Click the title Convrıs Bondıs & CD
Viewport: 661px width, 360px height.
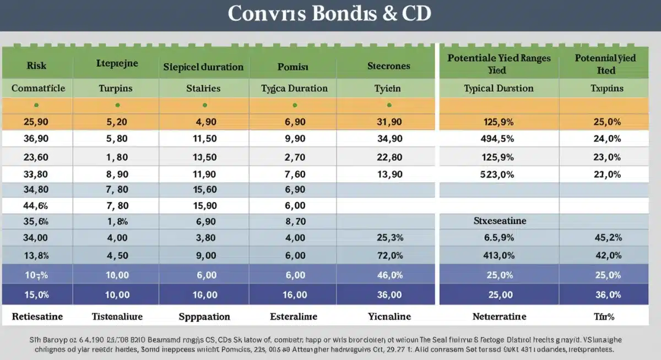(329, 14)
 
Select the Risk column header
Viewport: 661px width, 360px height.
(36, 66)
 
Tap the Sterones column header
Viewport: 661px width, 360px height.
(389, 66)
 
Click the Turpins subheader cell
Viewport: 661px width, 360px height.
(116, 88)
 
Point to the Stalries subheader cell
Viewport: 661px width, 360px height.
(203, 88)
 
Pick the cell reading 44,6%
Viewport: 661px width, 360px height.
(36, 206)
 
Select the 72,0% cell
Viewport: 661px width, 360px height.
(389, 255)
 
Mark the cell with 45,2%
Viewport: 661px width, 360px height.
(608, 238)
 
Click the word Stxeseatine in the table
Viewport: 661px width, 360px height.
(500, 221)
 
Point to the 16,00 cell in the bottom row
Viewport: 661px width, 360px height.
(295, 294)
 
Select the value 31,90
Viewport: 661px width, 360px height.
(389, 122)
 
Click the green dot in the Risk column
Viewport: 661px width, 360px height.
(36, 105)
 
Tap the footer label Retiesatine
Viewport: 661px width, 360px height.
(37, 317)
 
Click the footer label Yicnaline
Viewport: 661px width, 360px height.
(389, 317)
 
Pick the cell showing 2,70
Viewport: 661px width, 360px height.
(295, 157)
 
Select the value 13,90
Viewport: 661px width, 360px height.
(389, 174)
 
